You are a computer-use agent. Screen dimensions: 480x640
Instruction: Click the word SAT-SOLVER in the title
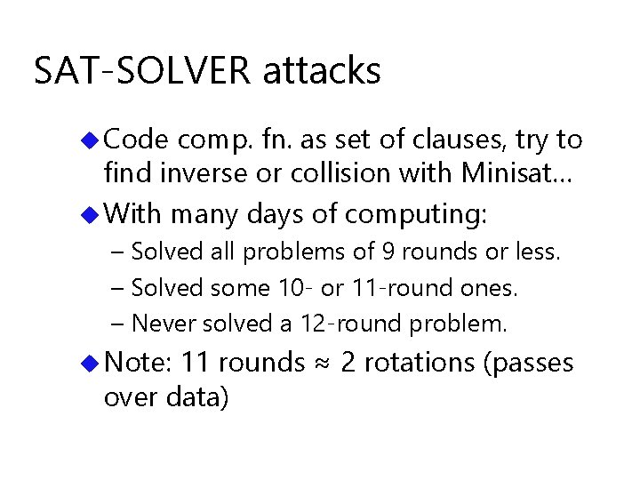point(142,71)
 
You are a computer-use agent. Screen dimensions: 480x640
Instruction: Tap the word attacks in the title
point(322,71)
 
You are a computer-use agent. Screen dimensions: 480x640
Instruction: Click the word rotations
point(417,363)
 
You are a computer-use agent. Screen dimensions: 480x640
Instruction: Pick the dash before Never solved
point(120,324)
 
